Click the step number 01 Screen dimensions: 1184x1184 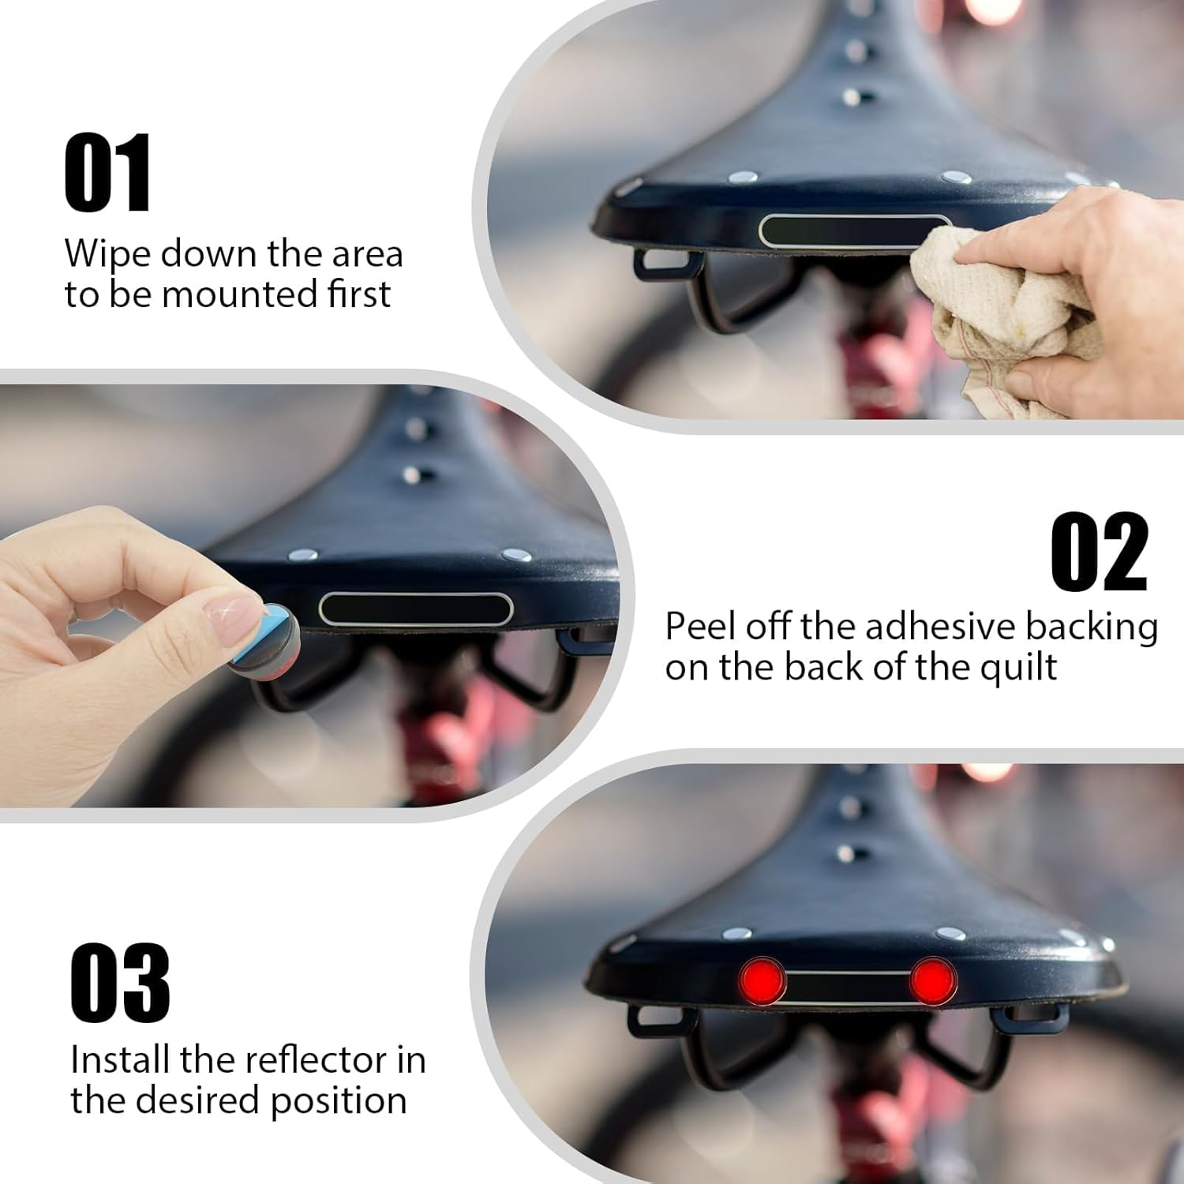pyautogui.click(x=107, y=173)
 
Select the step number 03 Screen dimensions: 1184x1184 pyautogui.click(x=120, y=982)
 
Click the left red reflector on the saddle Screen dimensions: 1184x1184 pyautogui.click(x=762, y=980)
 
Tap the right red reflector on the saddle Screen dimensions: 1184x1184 pyautogui.click(x=933, y=980)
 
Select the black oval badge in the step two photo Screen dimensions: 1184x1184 pyautogui.click(x=416, y=609)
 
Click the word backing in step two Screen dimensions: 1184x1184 pyautogui.click(x=1092, y=628)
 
